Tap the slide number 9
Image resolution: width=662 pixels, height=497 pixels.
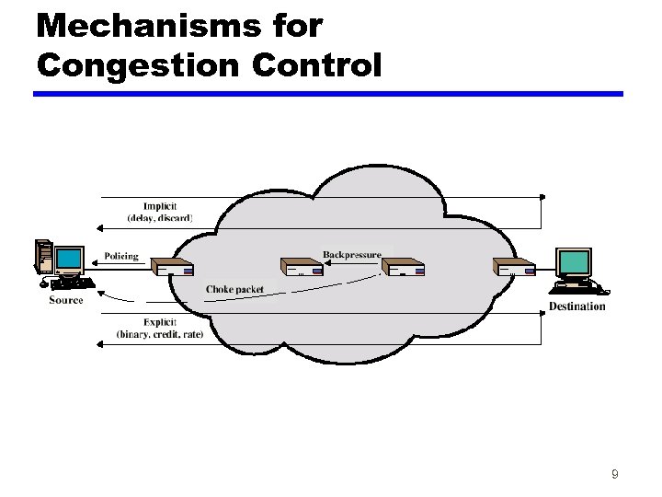tap(614, 475)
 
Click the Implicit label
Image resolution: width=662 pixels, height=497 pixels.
tap(160, 206)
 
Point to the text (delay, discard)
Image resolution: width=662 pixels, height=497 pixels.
tap(160, 218)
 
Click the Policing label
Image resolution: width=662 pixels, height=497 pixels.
tap(121, 256)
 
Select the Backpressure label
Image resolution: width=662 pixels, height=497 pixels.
tap(352, 254)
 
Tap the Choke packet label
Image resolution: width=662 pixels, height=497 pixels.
tap(234, 289)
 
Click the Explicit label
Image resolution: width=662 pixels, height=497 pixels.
tap(160, 322)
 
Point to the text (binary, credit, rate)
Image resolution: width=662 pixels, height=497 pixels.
tap(160, 334)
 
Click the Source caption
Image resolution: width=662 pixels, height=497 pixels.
tap(66, 300)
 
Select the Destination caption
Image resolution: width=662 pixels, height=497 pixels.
tap(577, 306)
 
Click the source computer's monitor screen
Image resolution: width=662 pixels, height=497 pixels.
tap(68, 259)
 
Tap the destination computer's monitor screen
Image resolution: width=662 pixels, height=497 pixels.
tap(575, 263)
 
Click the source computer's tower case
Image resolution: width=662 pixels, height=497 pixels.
tap(42, 257)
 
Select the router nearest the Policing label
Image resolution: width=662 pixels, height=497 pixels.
tap(174, 269)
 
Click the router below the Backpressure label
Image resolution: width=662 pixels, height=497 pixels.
tap(405, 269)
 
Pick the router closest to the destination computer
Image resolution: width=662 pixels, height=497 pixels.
tap(514, 269)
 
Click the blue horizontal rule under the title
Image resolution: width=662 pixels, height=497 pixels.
tap(328, 94)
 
